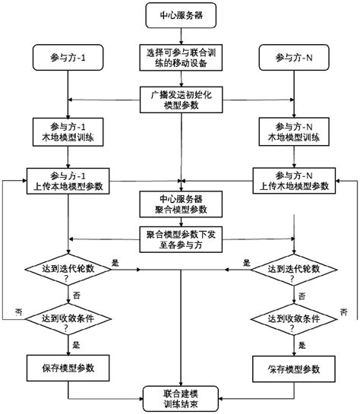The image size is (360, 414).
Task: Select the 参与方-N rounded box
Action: [x=292, y=57]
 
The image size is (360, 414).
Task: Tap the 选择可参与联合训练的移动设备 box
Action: [x=180, y=57]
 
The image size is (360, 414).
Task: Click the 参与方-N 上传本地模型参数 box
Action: [x=292, y=179]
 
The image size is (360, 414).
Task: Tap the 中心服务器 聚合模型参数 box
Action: [x=180, y=203]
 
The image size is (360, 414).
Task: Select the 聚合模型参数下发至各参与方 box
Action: [x=180, y=240]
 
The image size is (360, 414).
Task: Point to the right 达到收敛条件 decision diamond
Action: [x=292, y=322]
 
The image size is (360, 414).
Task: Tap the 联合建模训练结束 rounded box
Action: [x=180, y=397]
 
